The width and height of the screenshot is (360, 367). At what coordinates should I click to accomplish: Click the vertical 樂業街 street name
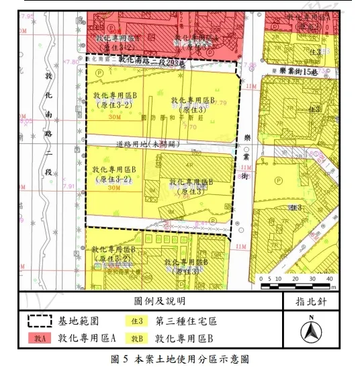tap(246, 159)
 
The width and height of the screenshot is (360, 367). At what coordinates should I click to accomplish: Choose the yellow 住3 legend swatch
tap(137, 321)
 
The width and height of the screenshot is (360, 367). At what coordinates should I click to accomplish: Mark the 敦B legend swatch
tap(137, 338)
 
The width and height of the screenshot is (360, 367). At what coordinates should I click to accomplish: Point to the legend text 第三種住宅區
tap(186, 321)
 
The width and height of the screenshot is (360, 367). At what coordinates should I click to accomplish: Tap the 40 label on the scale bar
tap(328, 278)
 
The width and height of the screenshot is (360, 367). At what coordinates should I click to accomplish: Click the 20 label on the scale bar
tap(294, 278)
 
